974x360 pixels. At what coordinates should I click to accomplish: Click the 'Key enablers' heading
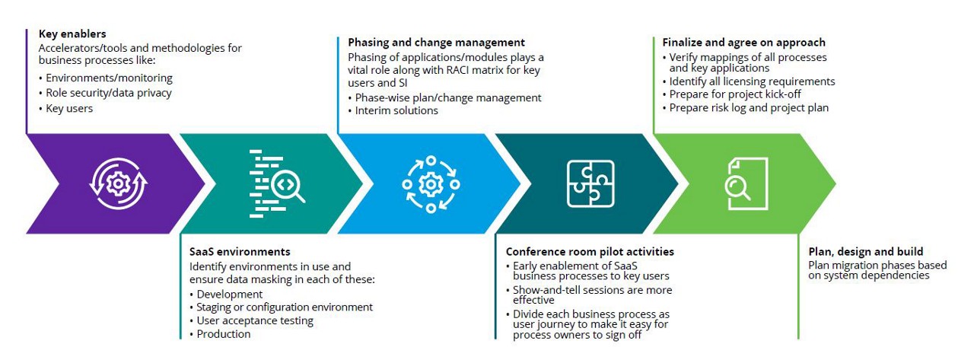click(72, 34)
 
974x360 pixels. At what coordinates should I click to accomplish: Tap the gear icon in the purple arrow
click(118, 183)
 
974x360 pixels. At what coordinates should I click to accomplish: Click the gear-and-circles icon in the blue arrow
click(431, 183)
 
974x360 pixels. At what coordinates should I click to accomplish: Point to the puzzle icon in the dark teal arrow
click(590, 183)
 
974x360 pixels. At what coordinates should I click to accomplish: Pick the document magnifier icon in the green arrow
click(746, 183)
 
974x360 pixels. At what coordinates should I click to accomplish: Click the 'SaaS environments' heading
click(240, 252)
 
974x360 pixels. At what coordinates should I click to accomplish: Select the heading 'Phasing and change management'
click(436, 43)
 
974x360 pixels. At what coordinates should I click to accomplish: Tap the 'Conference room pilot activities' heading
click(590, 252)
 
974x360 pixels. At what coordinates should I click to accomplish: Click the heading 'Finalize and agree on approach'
click(743, 43)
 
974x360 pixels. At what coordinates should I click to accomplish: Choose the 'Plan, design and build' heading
click(865, 252)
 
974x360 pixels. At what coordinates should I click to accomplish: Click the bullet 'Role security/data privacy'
click(108, 93)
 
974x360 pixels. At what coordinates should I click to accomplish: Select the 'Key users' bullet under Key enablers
click(69, 108)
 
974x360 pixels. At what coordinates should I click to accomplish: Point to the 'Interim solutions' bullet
click(396, 110)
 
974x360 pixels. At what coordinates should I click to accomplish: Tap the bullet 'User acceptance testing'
click(255, 320)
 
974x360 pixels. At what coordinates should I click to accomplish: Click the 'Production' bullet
click(224, 334)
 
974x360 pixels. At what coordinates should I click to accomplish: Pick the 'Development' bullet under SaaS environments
click(230, 294)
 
